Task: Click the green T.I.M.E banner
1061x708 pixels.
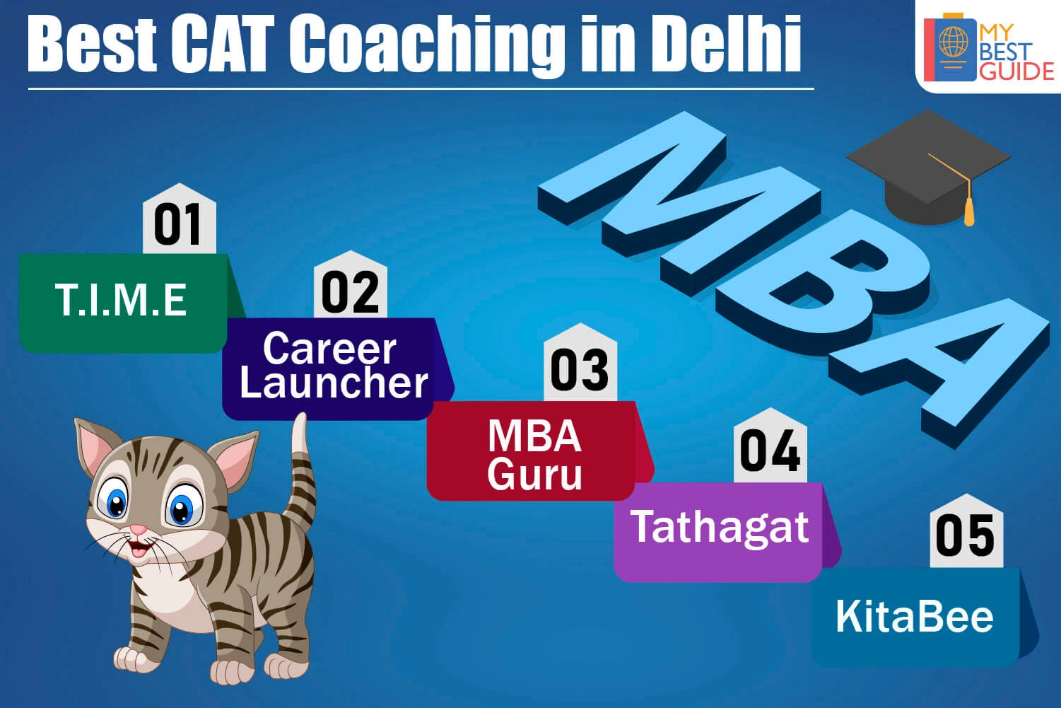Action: coord(128,303)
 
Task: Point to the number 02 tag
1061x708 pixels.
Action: coord(351,285)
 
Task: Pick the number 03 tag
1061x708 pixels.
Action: coord(580,363)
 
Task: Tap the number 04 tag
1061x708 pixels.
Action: coord(770,446)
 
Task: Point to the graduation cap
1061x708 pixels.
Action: coord(928,167)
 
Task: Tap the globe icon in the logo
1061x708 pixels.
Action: coord(954,42)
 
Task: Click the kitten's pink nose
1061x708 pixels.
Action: coord(138,529)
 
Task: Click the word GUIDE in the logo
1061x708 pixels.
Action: coord(1016,71)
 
